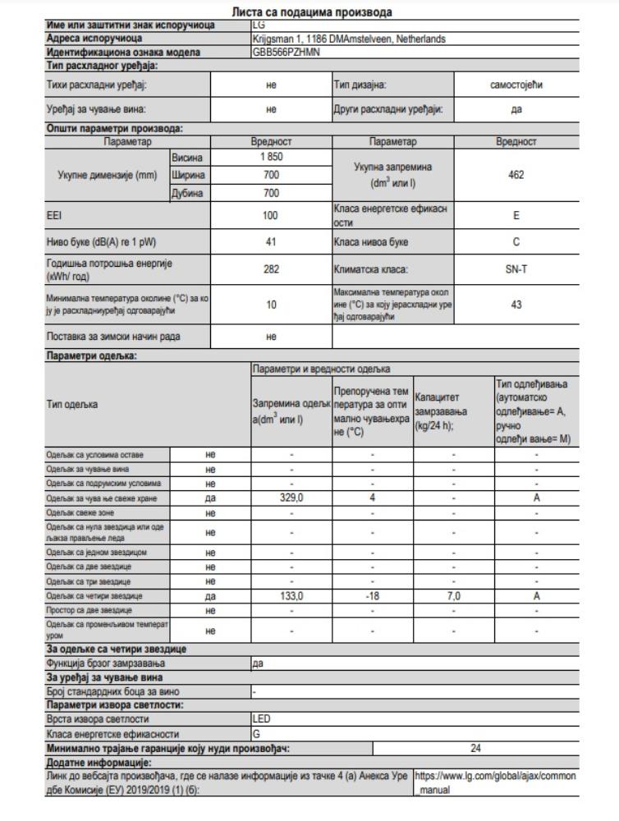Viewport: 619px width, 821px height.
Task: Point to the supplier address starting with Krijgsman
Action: [350, 39]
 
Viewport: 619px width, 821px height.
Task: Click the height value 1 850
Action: [272, 157]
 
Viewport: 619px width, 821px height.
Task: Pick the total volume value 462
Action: [517, 175]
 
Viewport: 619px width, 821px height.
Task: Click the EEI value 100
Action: [272, 216]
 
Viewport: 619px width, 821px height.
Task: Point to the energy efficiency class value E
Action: [517, 216]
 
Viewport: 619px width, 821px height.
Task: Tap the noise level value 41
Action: [272, 242]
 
